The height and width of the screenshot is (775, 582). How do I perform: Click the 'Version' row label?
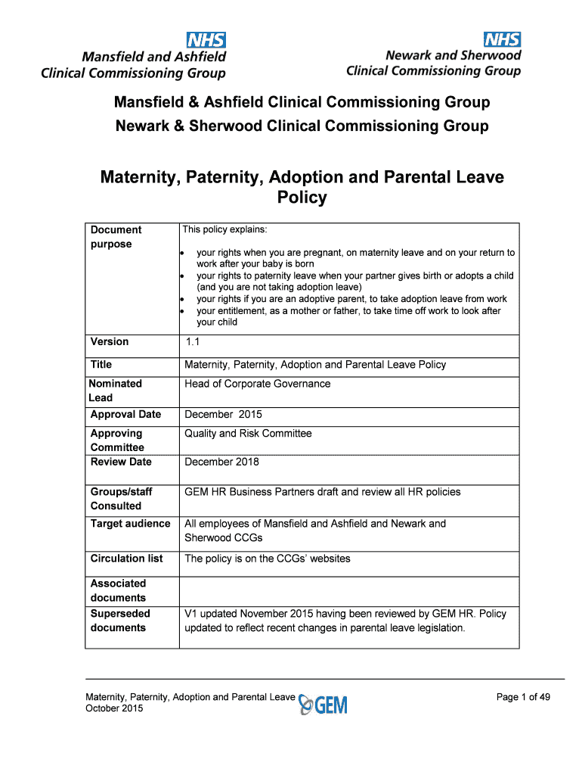110,341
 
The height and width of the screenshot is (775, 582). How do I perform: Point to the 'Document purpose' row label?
116,237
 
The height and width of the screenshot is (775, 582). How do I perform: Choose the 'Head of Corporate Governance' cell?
257,384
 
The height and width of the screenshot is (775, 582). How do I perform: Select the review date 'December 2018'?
221,462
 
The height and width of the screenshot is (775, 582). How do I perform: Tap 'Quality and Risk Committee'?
248,434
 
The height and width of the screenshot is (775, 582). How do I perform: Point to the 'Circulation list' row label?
126,559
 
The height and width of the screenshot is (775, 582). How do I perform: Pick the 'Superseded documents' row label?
120,621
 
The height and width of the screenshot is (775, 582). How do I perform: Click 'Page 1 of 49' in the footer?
523,697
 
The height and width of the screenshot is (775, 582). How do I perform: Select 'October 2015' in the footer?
114,708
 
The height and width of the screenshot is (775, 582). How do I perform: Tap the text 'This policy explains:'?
224,229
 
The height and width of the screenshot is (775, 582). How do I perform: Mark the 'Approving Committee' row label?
117,440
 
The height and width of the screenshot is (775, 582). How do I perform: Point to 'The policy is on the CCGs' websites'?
268,559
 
